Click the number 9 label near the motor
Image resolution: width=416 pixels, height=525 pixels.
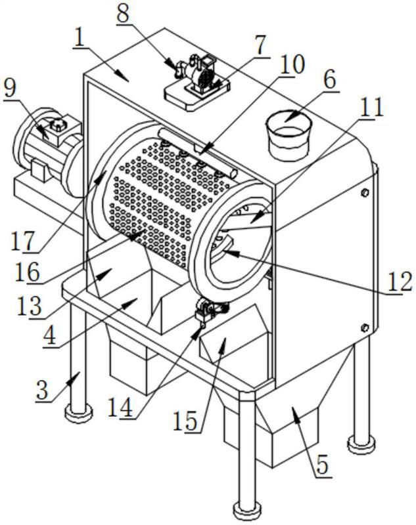tap(11, 90)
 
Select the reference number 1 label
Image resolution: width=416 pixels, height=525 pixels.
tap(81, 37)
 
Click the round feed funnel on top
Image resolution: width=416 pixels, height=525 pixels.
tap(287, 135)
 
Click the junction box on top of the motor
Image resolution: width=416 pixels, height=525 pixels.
tap(57, 123)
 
